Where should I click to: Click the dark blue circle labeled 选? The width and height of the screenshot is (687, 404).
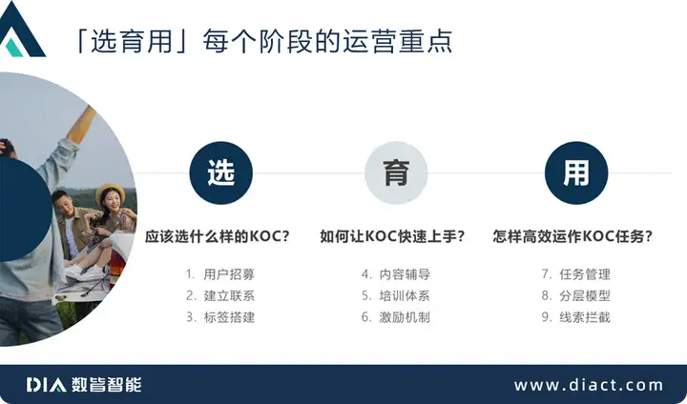(220, 172)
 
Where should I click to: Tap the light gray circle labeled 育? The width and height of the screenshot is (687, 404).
(396, 172)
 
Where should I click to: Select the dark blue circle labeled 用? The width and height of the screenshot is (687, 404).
(576, 172)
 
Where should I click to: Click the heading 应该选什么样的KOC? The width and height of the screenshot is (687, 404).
(218, 236)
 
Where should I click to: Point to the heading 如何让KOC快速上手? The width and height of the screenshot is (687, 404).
(392, 236)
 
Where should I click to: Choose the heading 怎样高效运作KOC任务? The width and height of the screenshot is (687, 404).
(572, 236)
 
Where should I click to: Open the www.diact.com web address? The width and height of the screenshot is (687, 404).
(589, 385)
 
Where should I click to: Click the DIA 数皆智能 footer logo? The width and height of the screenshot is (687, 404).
(84, 385)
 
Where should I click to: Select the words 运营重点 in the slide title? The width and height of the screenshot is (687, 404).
(397, 42)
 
